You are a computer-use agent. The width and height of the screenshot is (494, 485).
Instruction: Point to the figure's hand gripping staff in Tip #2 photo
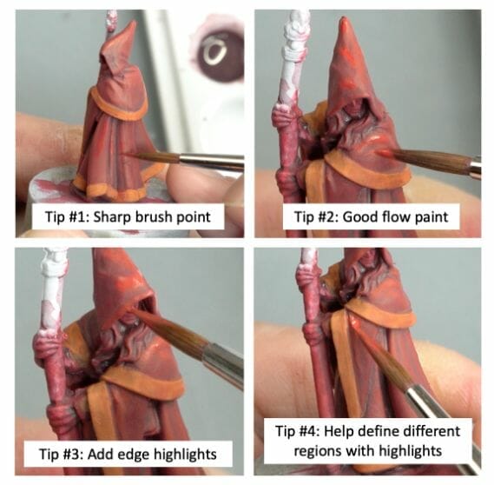[x=284, y=117]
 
